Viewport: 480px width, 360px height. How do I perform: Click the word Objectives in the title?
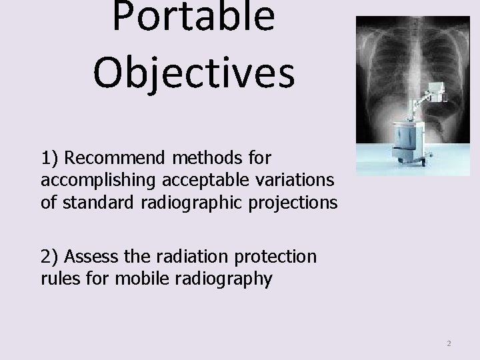(193, 73)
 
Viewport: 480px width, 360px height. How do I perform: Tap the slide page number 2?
(449, 343)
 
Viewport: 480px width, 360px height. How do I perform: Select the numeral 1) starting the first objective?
(51, 159)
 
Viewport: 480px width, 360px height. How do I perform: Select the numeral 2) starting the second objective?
(51, 257)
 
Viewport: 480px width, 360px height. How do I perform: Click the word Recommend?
(117, 159)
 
